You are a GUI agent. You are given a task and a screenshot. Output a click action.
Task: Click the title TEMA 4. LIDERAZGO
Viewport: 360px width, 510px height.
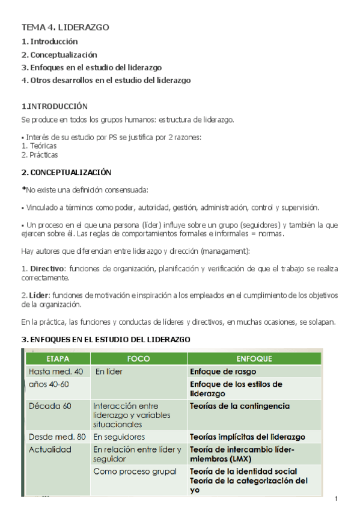[x=65, y=27]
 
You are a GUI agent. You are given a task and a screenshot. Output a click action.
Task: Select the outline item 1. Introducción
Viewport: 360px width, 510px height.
[x=49, y=41]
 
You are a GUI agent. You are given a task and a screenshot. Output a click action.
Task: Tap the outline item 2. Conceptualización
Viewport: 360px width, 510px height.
[x=59, y=55]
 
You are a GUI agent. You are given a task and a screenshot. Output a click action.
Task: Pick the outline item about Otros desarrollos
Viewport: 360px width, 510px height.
[x=106, y=80]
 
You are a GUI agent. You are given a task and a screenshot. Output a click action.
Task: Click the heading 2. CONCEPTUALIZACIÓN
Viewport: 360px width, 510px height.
[x=66, y=172]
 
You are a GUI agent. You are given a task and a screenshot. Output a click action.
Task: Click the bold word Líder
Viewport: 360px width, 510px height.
[x=38, y=295]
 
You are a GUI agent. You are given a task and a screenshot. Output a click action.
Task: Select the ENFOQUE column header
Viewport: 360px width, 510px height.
[x=254, y=358]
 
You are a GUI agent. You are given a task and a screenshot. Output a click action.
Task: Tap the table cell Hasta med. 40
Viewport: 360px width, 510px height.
[x=56, y=372]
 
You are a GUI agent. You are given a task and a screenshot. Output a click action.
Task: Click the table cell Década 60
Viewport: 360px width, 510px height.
[x=50, y=406]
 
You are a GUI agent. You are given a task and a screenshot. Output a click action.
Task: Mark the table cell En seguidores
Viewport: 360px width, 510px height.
[x=119, y=437]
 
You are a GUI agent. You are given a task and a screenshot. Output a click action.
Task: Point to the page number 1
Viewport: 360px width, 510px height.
[x=337, y=500]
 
